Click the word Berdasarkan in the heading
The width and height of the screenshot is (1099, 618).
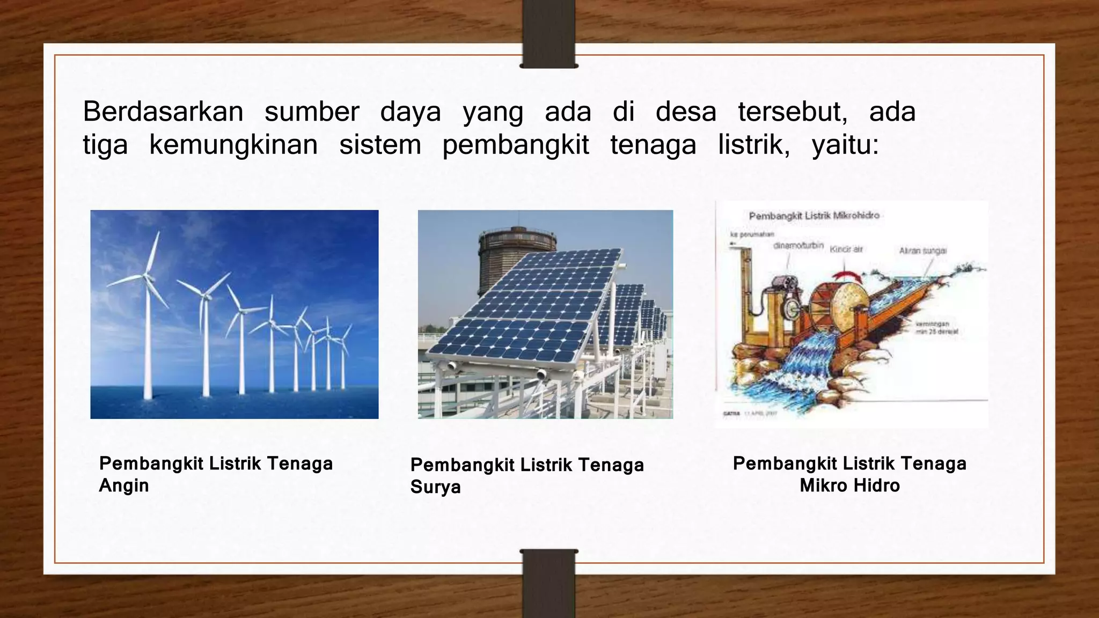[163, 112]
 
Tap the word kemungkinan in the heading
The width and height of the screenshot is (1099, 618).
[233, 145]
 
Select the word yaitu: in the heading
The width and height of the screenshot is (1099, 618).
[845, 145]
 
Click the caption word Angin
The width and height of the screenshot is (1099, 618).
[124, 485]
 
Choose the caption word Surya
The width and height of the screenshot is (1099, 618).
[435, 487]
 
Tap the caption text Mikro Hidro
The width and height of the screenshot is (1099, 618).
[849, 485]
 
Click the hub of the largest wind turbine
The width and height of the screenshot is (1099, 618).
[146, 277]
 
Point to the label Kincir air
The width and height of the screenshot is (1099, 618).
[846, 249]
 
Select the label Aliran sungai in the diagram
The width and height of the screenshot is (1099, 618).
[923, 251]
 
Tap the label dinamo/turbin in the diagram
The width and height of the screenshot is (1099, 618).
[798, 246]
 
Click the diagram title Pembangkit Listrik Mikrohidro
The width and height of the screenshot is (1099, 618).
[814, 216]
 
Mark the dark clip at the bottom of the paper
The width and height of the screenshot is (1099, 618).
[548, 584]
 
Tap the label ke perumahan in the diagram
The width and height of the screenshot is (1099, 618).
[748, 234]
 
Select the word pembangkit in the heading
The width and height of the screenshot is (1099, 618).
[516, 145]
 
